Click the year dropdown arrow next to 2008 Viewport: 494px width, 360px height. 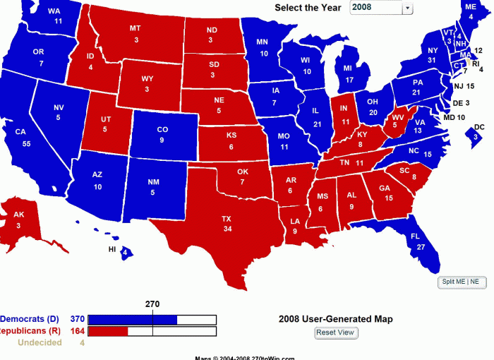[x=407, y=8]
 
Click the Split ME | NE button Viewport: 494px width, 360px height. [x=460, y=282]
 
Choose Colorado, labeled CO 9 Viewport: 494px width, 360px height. [x=162, y=134]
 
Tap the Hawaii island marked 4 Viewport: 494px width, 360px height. [x=124, y=252]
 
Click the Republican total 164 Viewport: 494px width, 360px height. [x=78, y=331]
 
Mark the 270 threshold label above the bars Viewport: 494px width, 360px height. [x=152, y=304]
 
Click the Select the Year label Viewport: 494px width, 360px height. [x=308, y=8]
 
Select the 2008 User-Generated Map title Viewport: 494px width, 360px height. [x=335, y=319]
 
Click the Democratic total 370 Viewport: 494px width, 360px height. [x=78, y=319]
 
